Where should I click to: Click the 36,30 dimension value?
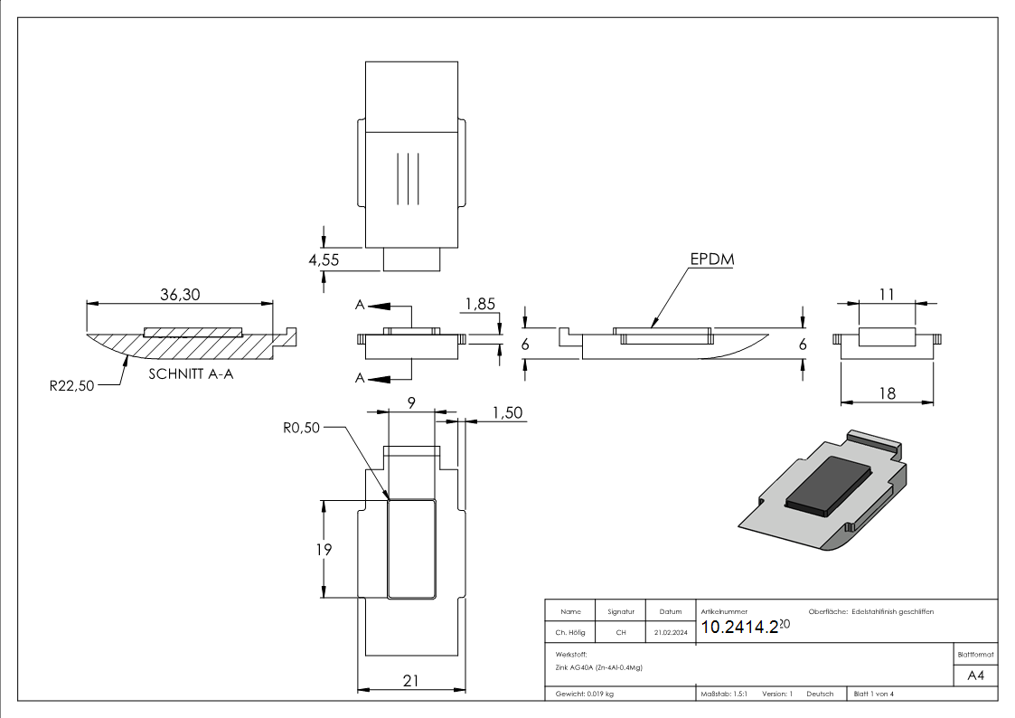point(180,295)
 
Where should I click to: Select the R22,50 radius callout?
point(71,386)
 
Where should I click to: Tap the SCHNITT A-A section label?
point(191,374)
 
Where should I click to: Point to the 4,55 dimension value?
point(324,260)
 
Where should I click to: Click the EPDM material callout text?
point(712,260)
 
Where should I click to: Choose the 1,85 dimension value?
point(480,305)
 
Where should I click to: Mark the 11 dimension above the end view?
point(887,295)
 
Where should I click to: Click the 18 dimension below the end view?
point(887,393)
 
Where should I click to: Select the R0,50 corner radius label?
point(302,428)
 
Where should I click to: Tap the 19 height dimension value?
point(324,550)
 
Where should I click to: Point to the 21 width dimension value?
point(411,681)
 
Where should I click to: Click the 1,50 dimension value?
point(508,413)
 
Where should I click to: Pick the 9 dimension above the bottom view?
point(412,402)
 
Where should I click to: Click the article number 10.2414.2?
point(739,628)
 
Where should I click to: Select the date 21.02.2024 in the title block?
point(671,632)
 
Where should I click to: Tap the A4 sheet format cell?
point(975,675)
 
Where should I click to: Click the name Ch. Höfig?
point(570,632)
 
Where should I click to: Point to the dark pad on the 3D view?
point(829,486)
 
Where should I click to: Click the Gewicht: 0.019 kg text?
point(585,694)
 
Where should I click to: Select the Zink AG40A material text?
point(598,667)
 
